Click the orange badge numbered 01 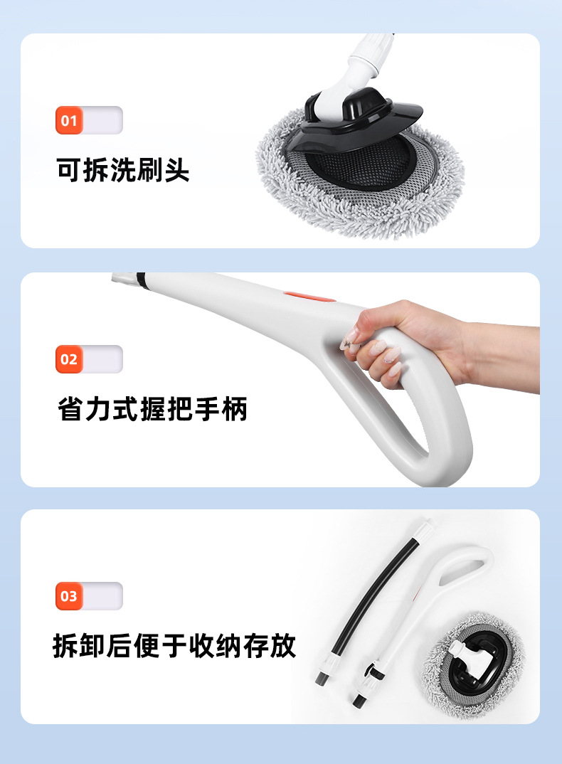[x=69, y=120]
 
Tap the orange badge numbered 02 [x=69, y=359]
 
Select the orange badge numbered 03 [x=69, y=596]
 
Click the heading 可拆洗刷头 [x=123, y=170]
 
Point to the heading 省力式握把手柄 [x=152, y=409]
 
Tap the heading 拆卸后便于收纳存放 [x=174, y=646]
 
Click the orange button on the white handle [x=309, y=297]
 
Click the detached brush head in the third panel [x=472, y=664]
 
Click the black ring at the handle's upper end [x=141, y=281]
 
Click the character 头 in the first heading [x=177, y=170]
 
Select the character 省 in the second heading [x=70, y=409]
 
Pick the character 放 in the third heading [x=283, y=646]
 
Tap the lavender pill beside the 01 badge [x=102, y=120]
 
